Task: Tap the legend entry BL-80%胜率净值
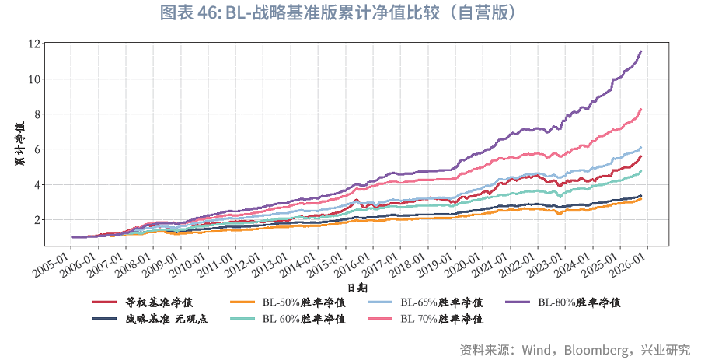[x=579, y=302]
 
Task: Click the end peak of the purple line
[x=640, y=51]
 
